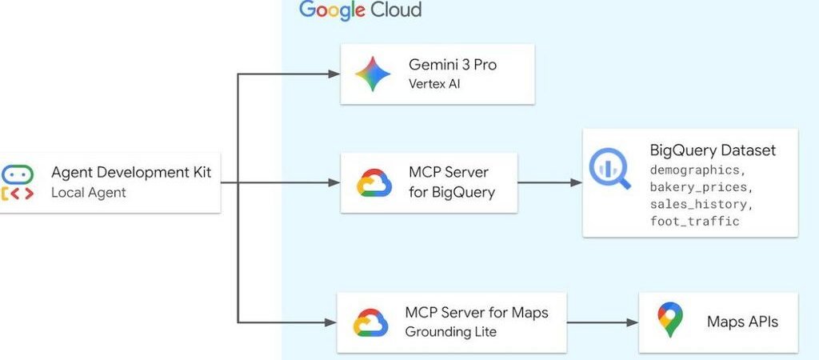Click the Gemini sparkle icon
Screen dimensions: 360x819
click(373, 74)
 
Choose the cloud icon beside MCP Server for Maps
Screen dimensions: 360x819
click(370, 322)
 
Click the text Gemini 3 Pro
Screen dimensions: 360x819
click(452, 65)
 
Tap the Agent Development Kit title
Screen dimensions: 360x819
click(131, 173)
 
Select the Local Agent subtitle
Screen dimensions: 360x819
click(89, 193)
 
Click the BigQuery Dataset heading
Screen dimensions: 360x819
click(713, 150)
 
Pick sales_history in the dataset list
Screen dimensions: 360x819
click(699, 204)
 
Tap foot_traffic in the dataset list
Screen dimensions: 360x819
click(694, 221)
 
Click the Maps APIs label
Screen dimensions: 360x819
click(742, 322)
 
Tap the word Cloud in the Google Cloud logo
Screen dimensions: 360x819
click(394, 10)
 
